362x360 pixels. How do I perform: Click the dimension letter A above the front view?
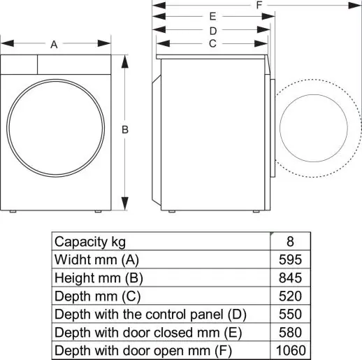[54, 44]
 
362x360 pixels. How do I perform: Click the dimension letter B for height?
[124, 129]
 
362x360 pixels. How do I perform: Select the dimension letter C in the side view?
[212, 43]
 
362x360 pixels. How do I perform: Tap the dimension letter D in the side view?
[213, 30]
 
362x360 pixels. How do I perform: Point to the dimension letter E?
[213, 16]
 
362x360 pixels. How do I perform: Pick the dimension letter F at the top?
[259, 5]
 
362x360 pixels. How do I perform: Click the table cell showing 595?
[289, 259]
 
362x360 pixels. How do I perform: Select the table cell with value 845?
[289, 278]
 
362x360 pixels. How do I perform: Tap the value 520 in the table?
[289, 296]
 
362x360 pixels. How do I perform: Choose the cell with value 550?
[289, 314]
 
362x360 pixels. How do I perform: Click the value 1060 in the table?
[289, 350]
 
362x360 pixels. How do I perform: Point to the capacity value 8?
[289, 242]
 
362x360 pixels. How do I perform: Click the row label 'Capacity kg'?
[90, 242]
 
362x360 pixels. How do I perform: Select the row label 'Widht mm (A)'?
[96, 259]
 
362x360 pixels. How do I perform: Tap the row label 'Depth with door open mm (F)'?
[143, 350]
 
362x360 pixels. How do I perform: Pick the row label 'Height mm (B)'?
[99, 278]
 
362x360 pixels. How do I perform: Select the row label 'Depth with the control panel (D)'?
[150, 314]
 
